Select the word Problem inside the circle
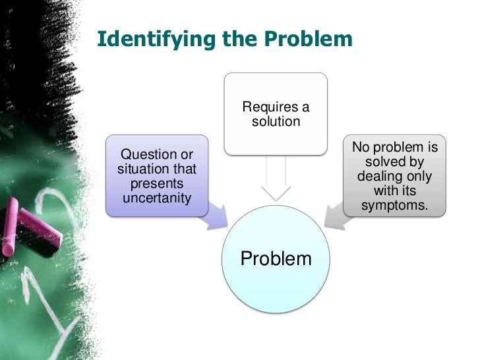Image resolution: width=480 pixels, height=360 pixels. [x=276, y=258]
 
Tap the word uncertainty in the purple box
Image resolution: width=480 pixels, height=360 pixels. [x=157, y=198]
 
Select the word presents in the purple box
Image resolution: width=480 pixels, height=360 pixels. [x=157, y=183]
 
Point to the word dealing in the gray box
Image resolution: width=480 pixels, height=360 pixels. [x=378, y=177]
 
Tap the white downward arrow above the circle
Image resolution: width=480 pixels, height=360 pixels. [x=276, y=181]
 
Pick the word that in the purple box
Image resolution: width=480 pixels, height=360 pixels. [x=184, y=169]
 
